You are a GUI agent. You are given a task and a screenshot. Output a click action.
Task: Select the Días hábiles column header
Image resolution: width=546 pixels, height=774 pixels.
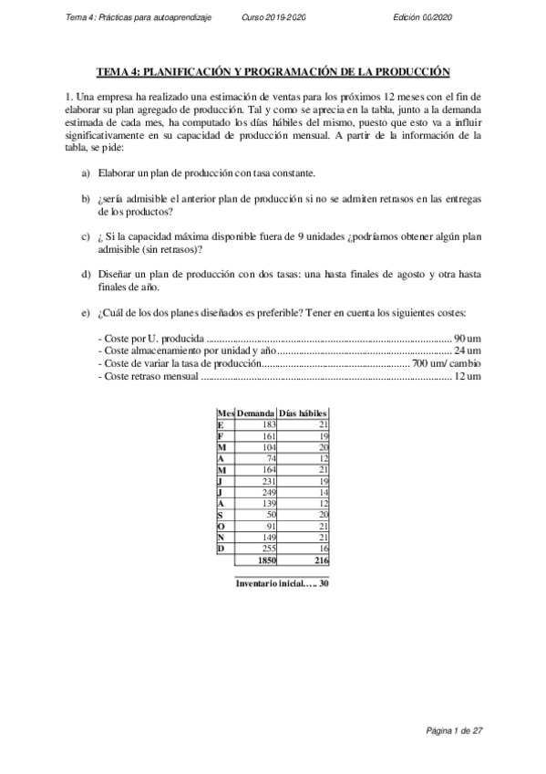coord(303,413)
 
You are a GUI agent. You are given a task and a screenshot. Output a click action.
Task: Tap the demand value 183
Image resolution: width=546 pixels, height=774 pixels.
coord(268,424)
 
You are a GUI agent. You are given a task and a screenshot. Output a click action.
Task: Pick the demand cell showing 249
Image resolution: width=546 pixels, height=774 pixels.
coord(268,492)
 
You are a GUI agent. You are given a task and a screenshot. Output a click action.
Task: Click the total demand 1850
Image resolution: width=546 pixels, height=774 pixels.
coord(267,560)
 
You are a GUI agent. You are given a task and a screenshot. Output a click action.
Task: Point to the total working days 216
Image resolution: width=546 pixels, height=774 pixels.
coord(321,560)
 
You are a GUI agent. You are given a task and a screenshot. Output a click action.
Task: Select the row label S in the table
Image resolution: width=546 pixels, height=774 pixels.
coord(221,515)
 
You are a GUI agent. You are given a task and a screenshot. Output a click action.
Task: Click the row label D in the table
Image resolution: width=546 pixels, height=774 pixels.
coord(221,549)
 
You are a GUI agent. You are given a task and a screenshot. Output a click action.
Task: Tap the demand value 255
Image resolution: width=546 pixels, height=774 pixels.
coord(268,549)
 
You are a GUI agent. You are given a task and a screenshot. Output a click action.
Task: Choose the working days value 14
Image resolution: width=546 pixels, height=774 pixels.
coord(324,492)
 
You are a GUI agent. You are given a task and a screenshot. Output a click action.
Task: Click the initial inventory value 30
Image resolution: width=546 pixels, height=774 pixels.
coord(324,583)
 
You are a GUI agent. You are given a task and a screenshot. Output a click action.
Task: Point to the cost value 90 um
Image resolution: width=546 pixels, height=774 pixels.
coord(468,338)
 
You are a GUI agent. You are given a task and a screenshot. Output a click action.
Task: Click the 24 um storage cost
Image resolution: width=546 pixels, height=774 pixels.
coord(468,350)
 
